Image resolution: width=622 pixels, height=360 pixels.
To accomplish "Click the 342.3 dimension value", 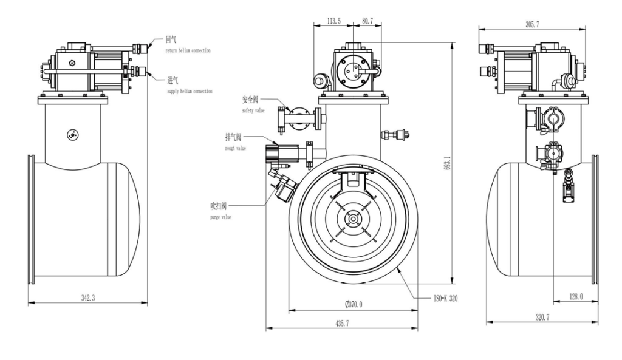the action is (87, 297).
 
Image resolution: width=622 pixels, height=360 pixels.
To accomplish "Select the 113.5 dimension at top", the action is (333, 21).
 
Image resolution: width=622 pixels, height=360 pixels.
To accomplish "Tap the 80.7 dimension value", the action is (367, 21).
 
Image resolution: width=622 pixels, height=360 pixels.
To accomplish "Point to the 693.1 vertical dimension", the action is (448, 163).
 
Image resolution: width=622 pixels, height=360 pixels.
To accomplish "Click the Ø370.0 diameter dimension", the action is (354, 304).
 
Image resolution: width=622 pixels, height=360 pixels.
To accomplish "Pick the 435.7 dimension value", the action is (342, 324).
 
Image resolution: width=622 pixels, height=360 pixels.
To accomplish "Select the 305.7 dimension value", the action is (532, 24).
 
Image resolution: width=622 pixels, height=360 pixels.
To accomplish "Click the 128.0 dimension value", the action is (576, 297).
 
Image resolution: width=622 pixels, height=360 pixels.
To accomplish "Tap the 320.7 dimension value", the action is (542, 317).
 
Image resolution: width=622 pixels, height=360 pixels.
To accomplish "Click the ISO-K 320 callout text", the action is (445, 298).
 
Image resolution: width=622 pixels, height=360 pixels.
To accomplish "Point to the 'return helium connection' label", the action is (188, 51).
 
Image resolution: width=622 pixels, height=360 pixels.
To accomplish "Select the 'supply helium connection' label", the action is (190, 92).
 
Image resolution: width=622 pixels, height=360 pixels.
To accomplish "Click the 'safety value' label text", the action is (253, 110).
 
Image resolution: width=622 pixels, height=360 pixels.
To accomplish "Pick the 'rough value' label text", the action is (236, 148).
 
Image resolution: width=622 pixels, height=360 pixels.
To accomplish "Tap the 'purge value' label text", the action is (220, 217).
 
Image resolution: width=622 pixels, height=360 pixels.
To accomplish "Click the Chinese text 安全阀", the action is (250, 100).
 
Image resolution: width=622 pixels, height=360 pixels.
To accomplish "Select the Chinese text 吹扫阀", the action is (219, 206).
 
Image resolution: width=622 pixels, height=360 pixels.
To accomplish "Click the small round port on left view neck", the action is (73, 135).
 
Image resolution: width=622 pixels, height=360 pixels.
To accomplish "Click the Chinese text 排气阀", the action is (233, 137).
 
